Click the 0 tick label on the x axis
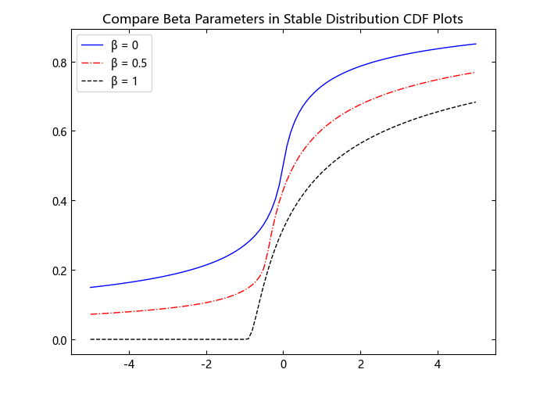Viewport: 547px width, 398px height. point(284,364)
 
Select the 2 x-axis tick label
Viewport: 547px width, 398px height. point(361,364)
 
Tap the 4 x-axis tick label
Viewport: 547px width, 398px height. point(438,364)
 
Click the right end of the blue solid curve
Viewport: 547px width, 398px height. point(476,44)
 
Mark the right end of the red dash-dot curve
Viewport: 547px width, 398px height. point(476,73)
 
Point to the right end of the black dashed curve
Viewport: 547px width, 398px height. point(476,102)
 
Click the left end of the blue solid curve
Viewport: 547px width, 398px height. point(91,287)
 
